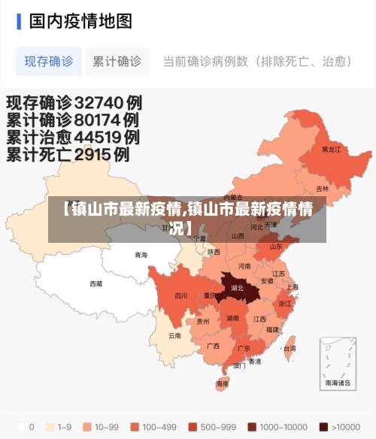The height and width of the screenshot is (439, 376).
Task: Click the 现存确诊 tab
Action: [49, 62]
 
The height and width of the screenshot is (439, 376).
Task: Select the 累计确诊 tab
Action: [117, 62]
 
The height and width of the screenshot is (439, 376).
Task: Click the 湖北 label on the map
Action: [238, 287]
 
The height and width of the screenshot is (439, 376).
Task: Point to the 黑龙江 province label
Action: [331, 150]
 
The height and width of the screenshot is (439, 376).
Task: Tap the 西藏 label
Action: [96, 283]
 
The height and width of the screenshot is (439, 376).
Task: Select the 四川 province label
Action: [180, 295]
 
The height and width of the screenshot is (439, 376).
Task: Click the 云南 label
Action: [174, 335]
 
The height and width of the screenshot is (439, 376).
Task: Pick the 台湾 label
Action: [289, 348]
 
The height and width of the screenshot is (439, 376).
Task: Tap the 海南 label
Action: [222, 383]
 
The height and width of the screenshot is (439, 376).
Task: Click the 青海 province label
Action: [141, 255]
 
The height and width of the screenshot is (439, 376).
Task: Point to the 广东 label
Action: [244, 348]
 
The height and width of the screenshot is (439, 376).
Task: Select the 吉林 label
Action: [322, 189]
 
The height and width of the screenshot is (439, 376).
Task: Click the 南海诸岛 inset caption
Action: [338, 383]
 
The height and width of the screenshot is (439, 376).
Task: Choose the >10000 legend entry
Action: [341, 426]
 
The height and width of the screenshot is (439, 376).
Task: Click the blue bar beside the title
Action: [19, 20]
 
